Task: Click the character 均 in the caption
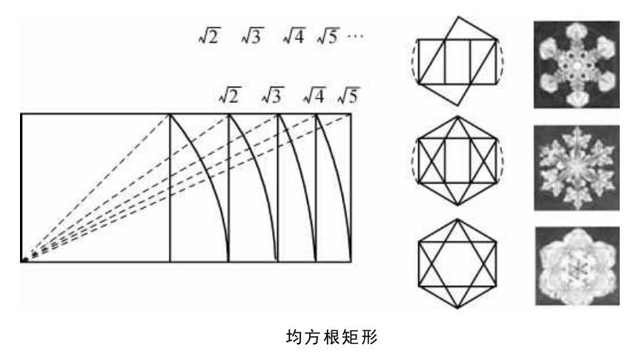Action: (293, 337)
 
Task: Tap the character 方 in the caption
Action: (312, 337)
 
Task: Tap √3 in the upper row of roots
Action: (251, 36)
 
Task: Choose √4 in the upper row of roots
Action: (294, 36)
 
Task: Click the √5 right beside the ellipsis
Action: (328, 36)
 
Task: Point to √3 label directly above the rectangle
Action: (273, 96)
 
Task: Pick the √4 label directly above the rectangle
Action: (314, 96)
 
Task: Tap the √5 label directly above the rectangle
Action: (347, 96)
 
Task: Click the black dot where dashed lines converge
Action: (24, 259)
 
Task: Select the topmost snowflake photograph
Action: (576, 63)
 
